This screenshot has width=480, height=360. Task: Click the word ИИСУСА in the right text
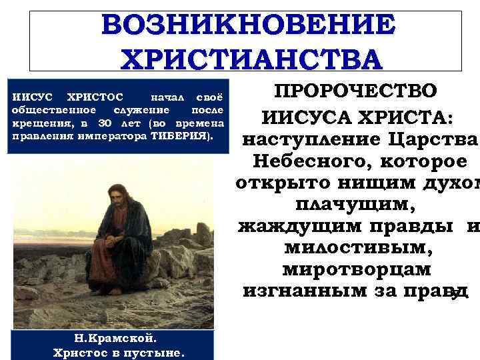303,119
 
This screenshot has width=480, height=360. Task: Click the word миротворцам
357,271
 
